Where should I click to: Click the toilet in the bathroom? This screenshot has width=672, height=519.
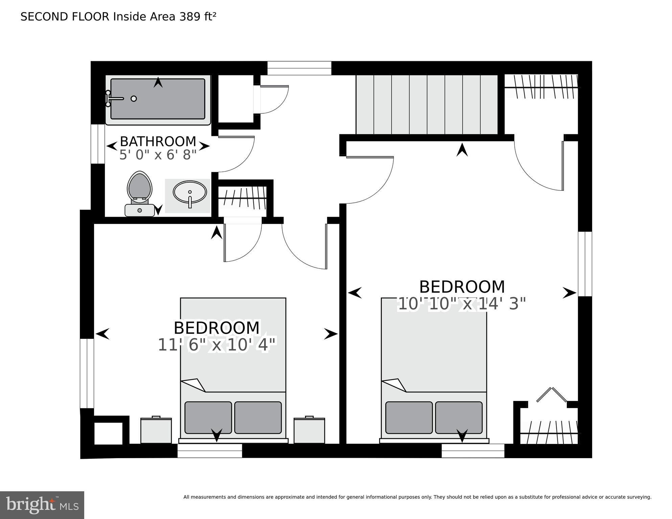(140, 193)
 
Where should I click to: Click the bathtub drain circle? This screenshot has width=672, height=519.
(134, 99)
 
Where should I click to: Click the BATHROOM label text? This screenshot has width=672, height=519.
(158, 141)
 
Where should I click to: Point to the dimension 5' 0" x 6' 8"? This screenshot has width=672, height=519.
(158, 155)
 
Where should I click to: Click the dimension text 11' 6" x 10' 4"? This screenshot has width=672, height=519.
(217, 345)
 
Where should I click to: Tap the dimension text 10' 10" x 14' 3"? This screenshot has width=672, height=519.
(462, 304)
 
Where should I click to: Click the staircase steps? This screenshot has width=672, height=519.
(427, 104)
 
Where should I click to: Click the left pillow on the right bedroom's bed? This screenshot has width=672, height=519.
(409, 418)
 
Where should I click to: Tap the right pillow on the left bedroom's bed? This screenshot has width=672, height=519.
(258, 418)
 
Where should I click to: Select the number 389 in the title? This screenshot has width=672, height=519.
(190, 17)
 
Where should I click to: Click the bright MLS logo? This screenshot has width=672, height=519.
(42, 505)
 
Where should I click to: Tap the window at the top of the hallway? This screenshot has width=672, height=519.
(299, 68)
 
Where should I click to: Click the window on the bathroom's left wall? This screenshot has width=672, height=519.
(98, 144)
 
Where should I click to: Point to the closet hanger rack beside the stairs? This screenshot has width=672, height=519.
(541, 87)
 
